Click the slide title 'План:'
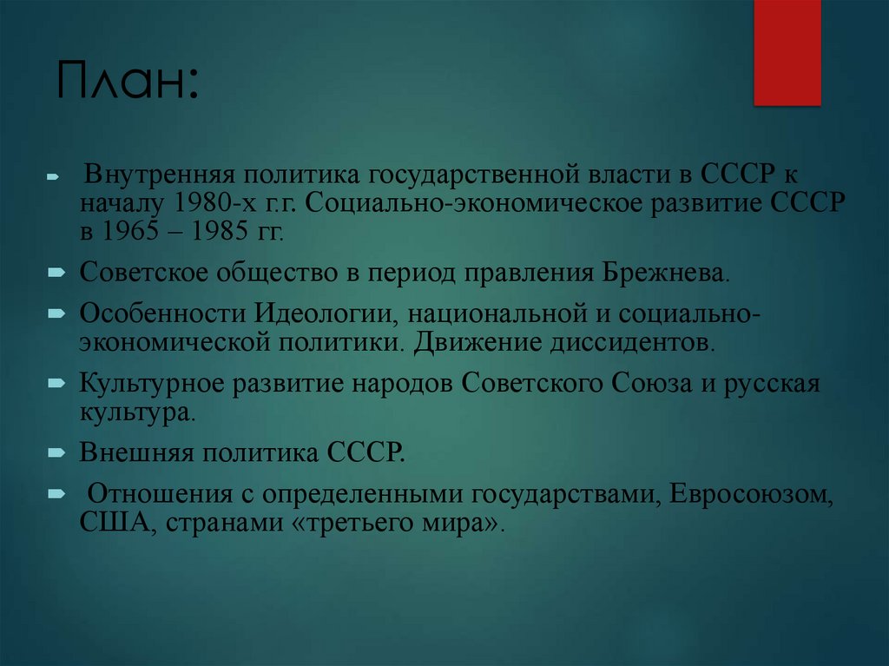click(128, 82)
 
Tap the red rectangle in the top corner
click(787, 52)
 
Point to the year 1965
click(129, 234)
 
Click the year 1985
click(213, 234)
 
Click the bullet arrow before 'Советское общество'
click(55, 274)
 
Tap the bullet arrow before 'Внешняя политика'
click(55, 452)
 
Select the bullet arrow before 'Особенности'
click(55, 313)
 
